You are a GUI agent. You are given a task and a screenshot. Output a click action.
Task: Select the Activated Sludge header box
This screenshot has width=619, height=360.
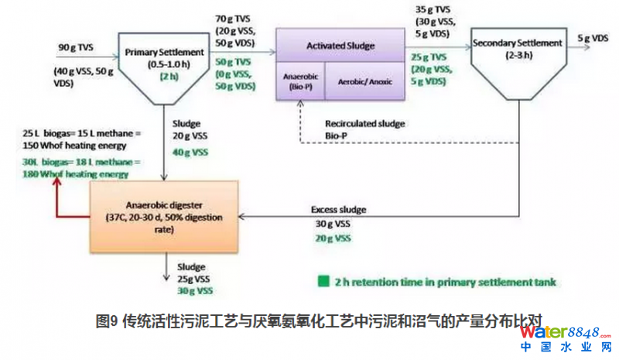[341, 46]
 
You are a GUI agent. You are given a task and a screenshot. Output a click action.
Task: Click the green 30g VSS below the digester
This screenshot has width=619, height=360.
[195, 290]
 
